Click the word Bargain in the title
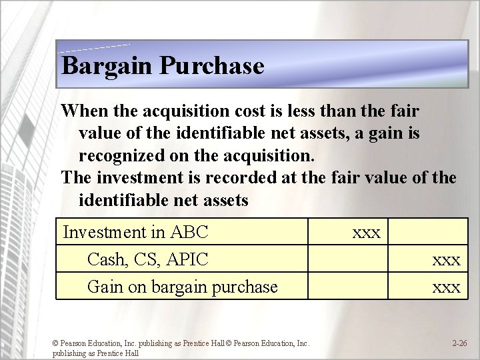(x=107, y=66)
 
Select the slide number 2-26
(x=459, y=343)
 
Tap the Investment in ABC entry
(x=135, y=232)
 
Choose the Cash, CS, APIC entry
(x=147, y=259)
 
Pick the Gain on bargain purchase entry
(x=182, y=287)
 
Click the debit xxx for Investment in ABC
(x=366, y=233)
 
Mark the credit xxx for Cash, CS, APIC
(x=446, y=260)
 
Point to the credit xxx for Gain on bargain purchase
(x=446, y=287)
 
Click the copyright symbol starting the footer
(x=56, y=344)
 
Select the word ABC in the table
(x=189, y=232)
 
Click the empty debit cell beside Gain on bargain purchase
(x=347, y=287)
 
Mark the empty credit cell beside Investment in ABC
(x=428, y=232)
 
